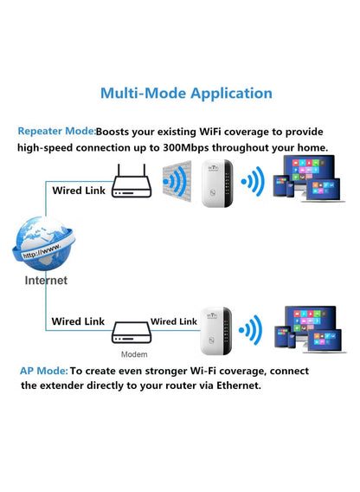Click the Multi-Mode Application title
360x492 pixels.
(186, 93)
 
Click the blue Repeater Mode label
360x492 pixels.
(55, 132)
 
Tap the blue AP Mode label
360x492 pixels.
(43, 370)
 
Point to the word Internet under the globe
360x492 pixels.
(46, 281)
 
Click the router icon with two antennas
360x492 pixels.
(132, 183)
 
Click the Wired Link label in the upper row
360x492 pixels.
(79, 190)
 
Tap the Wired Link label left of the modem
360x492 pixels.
(78, 321)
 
